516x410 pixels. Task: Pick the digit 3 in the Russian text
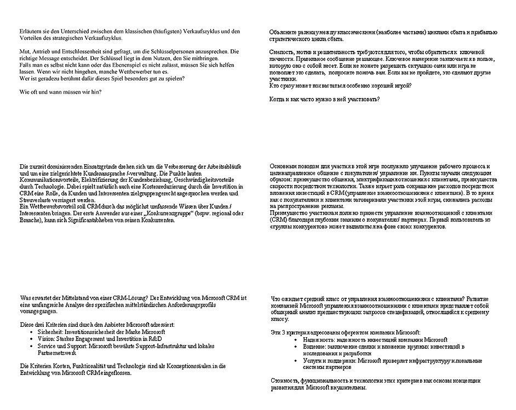[284, 333]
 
